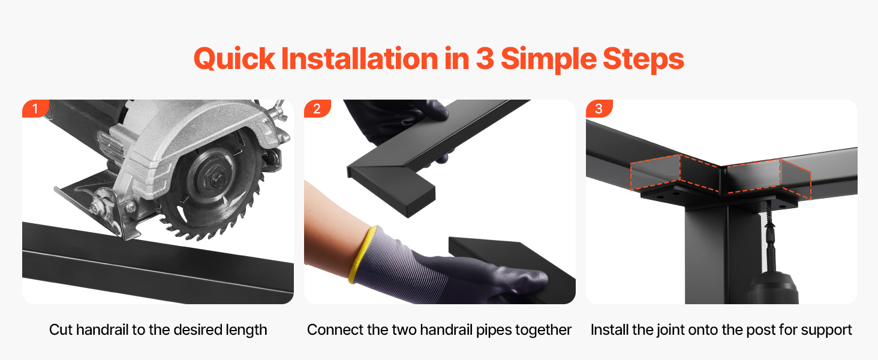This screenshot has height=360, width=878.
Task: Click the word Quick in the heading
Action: click(234, 59)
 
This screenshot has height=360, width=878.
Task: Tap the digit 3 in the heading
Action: click(485, 58)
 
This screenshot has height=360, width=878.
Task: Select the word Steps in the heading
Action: click(644, 59)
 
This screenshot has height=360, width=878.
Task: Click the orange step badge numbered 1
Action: click(35, 108)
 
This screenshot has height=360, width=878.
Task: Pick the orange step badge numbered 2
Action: click(317, 108)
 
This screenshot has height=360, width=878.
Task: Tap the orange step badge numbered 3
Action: click(599, 108)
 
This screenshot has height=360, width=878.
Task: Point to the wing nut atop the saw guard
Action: click(279, 111)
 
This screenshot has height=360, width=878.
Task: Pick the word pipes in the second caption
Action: click(495, 331)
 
